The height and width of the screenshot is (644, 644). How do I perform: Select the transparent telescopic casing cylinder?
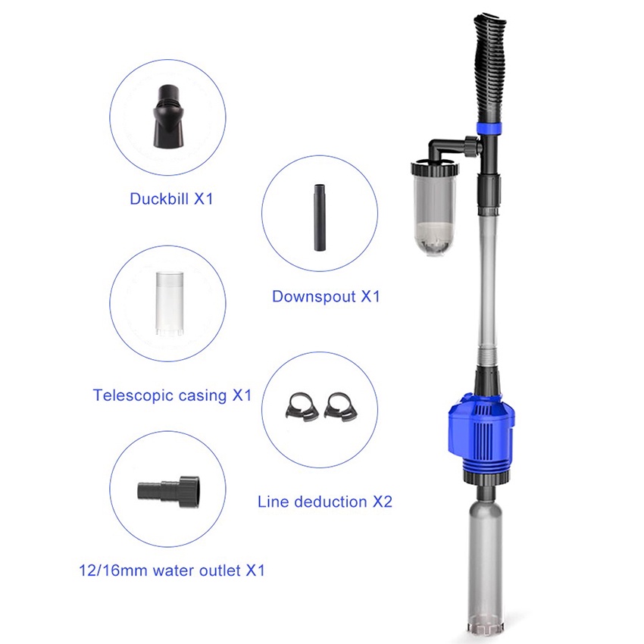click(167, 304)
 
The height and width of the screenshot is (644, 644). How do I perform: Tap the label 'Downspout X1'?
click(326, 296)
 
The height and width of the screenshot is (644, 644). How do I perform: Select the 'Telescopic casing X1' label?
click(172, 395)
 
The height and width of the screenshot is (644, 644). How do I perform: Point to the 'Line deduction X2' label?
click(325, 501)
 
